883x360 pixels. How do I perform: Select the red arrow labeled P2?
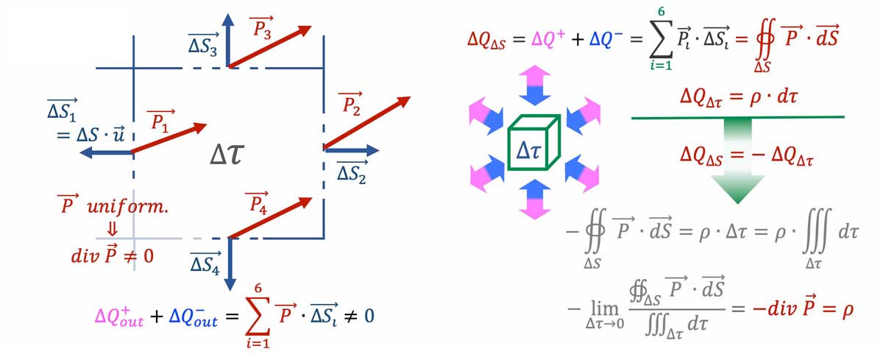[x=366, y=122]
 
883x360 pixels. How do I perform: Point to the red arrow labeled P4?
[x=271, y=217]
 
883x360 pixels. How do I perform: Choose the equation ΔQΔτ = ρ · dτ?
[x=736, y=100]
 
